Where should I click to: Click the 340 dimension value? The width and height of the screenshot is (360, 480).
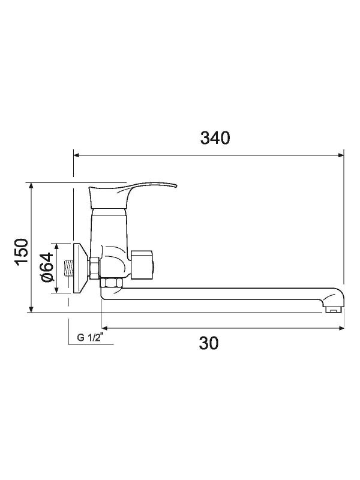pyautogui.click(x=215, y=138)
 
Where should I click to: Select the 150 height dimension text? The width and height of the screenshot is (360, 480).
pyautogui.click(x=22, y=251)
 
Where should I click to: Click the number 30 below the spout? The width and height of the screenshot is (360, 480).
pyautogui.click(x=209, y=343)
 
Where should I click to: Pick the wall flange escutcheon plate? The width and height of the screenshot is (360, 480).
pyautogui.click(x=79, y=268)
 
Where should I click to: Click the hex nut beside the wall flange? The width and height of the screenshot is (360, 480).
pyautogui.click(x=95, y=268)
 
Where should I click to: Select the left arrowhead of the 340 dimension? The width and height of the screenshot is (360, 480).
pyautogui.click(x=77, y=155)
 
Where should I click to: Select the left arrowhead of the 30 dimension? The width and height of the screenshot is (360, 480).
pyautogui.click(x=106, y=328)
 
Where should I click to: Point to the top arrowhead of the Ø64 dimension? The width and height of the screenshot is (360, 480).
pyautogui.click(x=56, y=246)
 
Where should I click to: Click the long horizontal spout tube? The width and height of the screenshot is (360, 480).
pyautogui.click(x=216, y=294)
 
